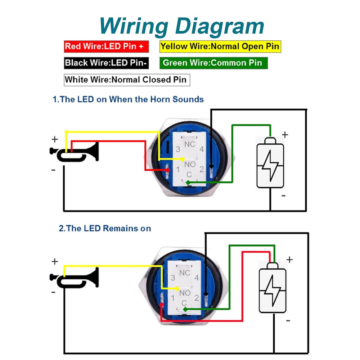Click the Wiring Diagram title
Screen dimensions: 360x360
182,26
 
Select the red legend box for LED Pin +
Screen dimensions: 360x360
106,46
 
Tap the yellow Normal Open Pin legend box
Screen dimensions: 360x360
220,46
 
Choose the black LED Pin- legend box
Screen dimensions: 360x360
106,63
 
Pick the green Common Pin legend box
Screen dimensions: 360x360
213,63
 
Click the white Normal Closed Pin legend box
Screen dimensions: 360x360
127,80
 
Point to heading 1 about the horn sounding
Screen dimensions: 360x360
128,99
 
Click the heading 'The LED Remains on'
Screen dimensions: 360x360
105,228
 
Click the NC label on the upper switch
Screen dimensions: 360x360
190,144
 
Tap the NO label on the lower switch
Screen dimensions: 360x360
185,293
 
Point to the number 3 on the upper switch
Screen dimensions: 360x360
177,149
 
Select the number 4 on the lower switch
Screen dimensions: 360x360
197,278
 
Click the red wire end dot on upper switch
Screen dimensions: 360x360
168,170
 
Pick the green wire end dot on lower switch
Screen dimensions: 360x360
185,309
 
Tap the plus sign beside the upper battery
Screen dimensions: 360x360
285,135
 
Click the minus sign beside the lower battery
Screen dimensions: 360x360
288,320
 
